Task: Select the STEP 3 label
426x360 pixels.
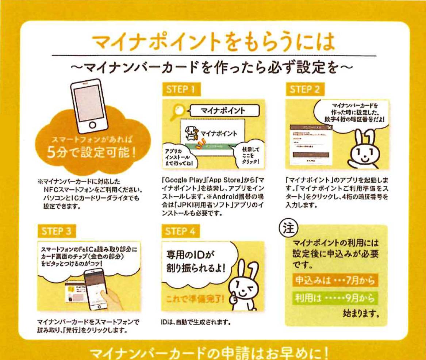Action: [57, 231]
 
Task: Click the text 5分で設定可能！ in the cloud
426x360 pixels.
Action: [92, 151]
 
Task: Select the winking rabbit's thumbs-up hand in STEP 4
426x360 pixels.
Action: [233, 299]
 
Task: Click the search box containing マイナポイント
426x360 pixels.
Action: [223, 111]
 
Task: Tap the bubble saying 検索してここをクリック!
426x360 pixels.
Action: [249, 153]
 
